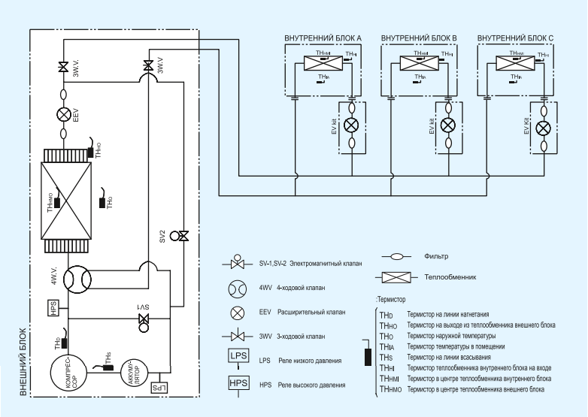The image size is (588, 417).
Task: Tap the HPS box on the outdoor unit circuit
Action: [x=53, y=308]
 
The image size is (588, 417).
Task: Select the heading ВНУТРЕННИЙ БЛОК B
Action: [x=419, y=38]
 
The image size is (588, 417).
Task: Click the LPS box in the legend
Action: [x=238, y=355]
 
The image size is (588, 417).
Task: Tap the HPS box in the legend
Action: [x=238, y=384]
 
